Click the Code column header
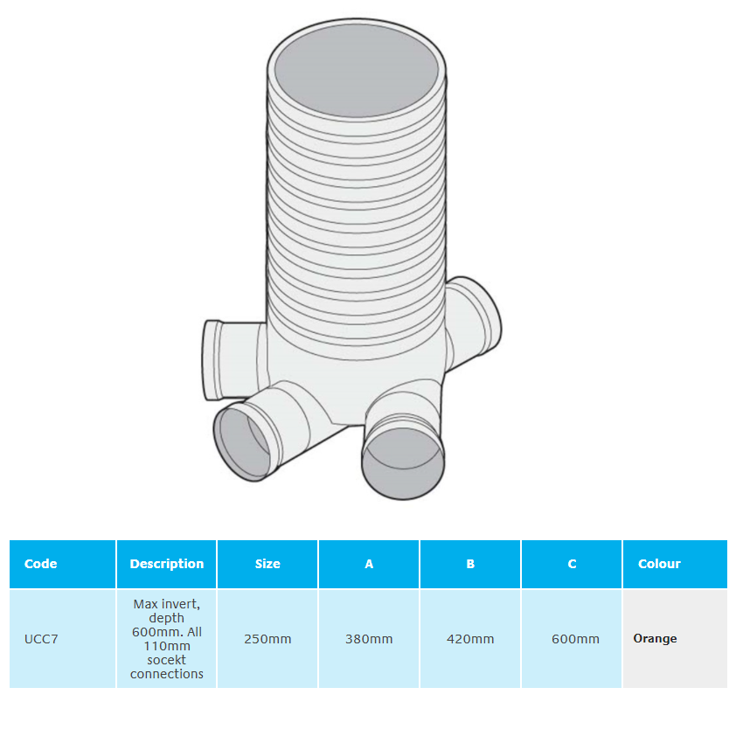41,564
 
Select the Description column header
166,564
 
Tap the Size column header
267,564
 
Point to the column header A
369,564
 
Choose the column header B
470,564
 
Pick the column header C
572,564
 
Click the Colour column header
659,564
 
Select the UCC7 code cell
41,639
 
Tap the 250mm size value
267,639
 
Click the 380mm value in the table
369,639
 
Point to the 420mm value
470,639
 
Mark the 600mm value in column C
575,639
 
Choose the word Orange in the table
655,639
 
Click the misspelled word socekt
166,660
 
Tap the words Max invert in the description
166,604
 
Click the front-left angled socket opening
244,443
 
